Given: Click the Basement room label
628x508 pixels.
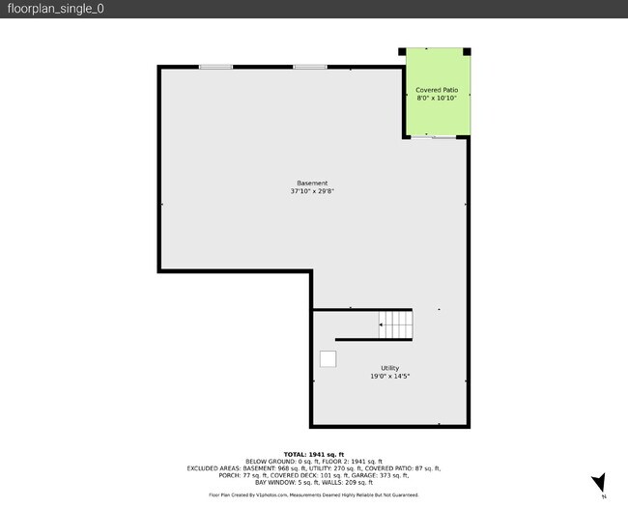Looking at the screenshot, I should click(x=312, y=183).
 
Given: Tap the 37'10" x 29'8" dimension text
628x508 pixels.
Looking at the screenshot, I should click(x=312, y=191).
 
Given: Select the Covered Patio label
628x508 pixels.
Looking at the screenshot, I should click(x=437, y=90).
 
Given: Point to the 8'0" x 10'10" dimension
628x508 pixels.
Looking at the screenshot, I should click(x=437, y=98).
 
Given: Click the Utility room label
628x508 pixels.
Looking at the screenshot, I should click(x=389, y=368).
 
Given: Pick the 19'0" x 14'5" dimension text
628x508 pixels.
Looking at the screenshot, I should click(x=389, y=376).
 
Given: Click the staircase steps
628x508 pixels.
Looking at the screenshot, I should click(x=396, y=325).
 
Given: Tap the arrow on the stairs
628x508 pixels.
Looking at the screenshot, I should click(x=384, y=325).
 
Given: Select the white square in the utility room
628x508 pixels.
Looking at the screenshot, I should click(x=328, y=359).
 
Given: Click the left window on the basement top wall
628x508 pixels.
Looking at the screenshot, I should click(x=215, y=67).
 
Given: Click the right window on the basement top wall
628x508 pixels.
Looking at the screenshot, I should click(x=310, y=67).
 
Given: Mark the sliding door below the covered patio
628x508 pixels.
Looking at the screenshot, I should click(x=434, y=138).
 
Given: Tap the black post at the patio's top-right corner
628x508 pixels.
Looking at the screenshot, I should click(x=468, y=51).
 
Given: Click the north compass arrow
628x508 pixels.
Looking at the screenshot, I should click(x=599, y=482).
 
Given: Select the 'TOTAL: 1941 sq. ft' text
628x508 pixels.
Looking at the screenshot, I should click(x=313, y=454).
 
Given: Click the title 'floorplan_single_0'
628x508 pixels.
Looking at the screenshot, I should click(x=55, y=9).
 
